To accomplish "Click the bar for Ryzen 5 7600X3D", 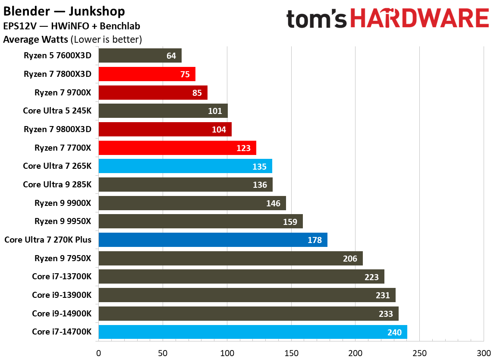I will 140,56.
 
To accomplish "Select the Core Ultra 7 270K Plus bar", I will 213,240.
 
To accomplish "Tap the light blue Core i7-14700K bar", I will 252,332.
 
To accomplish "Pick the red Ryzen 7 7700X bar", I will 177,148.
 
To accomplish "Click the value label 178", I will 315,240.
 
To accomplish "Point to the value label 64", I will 171,56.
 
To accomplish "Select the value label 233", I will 386,314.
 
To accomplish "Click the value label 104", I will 219,129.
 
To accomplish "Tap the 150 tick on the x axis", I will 291,353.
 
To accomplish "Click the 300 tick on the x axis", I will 483,353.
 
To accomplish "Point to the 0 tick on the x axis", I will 99,353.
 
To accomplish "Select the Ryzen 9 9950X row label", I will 63,221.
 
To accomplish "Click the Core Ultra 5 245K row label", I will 57,111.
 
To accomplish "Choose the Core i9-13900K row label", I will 62,295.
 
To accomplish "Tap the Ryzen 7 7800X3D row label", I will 58,74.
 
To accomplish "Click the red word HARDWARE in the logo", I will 419,19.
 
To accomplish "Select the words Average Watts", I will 35,40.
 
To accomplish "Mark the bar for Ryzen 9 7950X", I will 230,259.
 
